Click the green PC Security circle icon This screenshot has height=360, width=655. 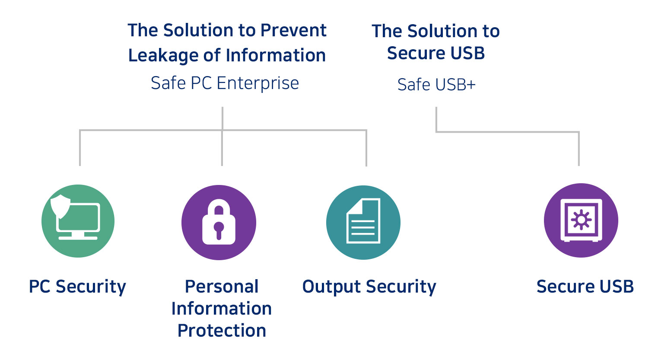coord(78,221)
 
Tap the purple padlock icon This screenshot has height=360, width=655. coord(219,223)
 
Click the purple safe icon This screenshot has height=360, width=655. coord(581,220)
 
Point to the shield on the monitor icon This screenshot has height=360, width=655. coord(60,206)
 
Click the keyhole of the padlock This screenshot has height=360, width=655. coord(219,229)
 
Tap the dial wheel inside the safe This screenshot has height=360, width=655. coord(581,220)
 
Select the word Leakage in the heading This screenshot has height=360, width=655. coord(163,55)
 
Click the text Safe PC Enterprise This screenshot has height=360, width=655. coord(225,83)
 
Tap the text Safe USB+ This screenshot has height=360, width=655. coord(436,85)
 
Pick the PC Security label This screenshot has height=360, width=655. coord(77,286)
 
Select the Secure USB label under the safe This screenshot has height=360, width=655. coord(585,286)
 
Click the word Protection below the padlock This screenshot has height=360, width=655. coord(222,331)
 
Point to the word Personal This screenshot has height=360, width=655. coord(222,286)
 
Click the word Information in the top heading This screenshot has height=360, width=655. coord(276,55)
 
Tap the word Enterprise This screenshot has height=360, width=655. coord(258,83)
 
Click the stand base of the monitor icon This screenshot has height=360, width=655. coord(78,238)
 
